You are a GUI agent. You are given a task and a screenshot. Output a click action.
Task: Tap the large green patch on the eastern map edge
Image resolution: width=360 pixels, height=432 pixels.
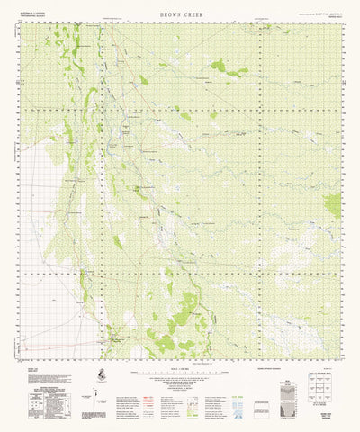(x=333, y=205)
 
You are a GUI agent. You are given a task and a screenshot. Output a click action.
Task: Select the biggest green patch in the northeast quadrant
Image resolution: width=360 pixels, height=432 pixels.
(x=219, y=65)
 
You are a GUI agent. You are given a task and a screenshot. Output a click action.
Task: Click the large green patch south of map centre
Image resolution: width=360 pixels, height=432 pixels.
(x=184, y=313)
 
